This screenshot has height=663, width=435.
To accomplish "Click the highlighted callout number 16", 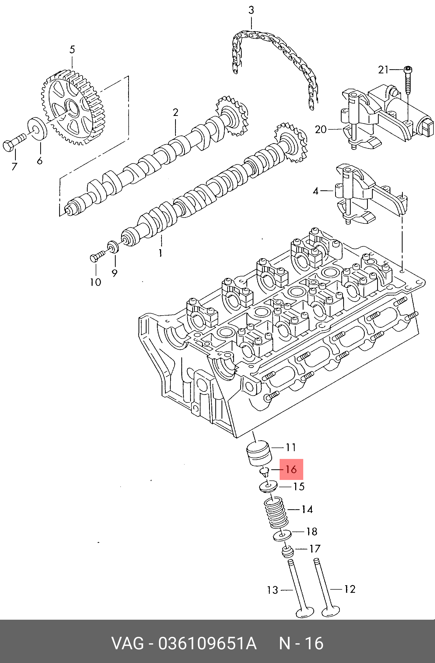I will click(x=291, y=469).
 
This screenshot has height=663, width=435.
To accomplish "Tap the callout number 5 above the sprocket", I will click(x=72, y=50).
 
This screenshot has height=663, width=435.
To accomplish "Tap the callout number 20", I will click(x=320, y=130).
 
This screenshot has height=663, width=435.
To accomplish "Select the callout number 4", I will click(x=315, y=191).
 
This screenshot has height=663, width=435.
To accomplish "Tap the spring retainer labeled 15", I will click(x=268, y=487).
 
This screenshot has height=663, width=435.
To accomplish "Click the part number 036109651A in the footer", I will click(x=207, y=643).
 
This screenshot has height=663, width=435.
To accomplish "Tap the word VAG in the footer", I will click(x=128, y=643).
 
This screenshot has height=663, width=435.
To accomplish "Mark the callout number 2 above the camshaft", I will click(x=175, y=113).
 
